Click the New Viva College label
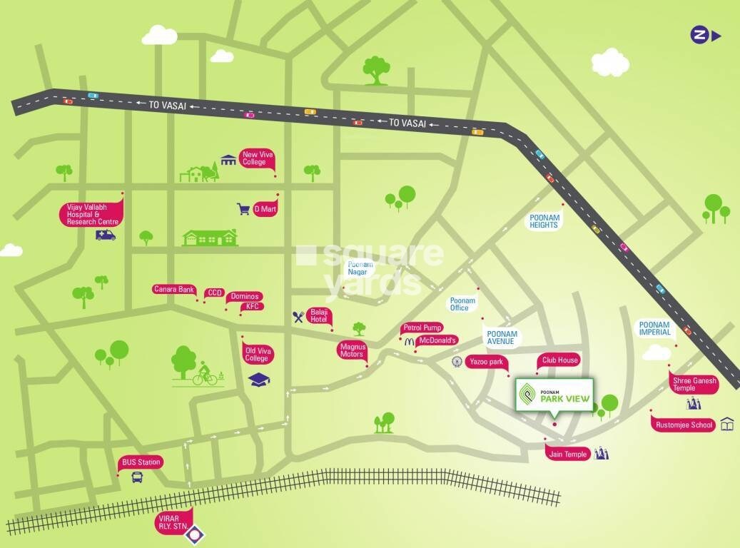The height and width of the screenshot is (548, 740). click(255, 158)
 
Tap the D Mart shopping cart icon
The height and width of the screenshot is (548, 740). click(243, 209)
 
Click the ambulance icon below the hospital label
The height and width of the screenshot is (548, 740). click(106, 235)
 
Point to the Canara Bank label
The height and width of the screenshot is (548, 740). click(174, 289)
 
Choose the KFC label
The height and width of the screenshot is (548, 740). click(253, 306)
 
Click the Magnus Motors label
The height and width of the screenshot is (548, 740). click(352, 350)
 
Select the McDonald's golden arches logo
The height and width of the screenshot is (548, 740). click(410, 342)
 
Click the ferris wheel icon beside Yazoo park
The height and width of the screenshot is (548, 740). click(456, 362)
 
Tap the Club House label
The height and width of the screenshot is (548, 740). click(559, 360)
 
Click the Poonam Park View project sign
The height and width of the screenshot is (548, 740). click(554, 395)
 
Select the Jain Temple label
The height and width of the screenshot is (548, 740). click(568, 454)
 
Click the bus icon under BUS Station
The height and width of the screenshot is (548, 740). click(137, 477)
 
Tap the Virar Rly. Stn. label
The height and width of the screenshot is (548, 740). click(174, 521)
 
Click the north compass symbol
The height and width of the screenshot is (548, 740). click(699, 34)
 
